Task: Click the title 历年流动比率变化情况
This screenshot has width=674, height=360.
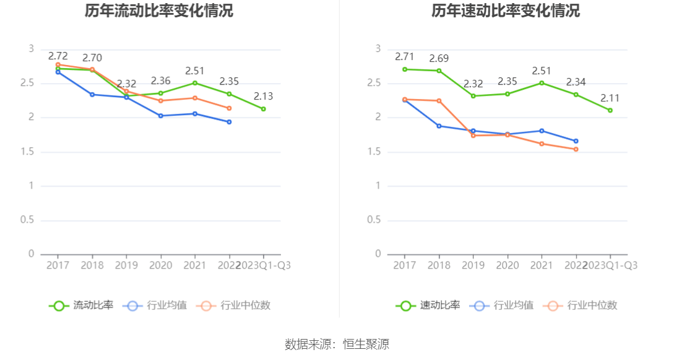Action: point(159,11)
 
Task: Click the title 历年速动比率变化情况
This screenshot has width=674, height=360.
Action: point(506,11)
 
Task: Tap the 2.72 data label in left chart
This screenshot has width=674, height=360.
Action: point(58,56)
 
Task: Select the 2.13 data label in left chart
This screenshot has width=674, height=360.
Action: point(263,96)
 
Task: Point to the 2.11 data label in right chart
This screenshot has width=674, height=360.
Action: point(610,98)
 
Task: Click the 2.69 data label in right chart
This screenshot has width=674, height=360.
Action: point(439,59)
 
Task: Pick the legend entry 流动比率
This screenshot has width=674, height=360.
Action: point(82,305)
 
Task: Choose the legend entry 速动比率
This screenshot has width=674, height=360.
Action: point(428,305)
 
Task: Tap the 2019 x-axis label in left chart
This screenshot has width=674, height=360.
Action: point(126,265)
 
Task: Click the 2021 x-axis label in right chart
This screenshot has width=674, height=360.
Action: point(542,265)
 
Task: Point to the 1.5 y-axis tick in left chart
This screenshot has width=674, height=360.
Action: point(27,152)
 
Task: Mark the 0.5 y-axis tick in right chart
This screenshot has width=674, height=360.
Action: point(374,220)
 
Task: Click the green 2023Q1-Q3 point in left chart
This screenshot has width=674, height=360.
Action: point(263,109)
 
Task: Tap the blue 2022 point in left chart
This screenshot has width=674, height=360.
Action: point(229,122)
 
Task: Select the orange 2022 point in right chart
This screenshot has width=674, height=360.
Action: point(576,149)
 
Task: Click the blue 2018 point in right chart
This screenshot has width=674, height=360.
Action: point(439,126)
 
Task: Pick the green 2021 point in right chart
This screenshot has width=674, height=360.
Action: point(542,83)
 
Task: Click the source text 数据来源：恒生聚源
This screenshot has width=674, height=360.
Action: point(337,345)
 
